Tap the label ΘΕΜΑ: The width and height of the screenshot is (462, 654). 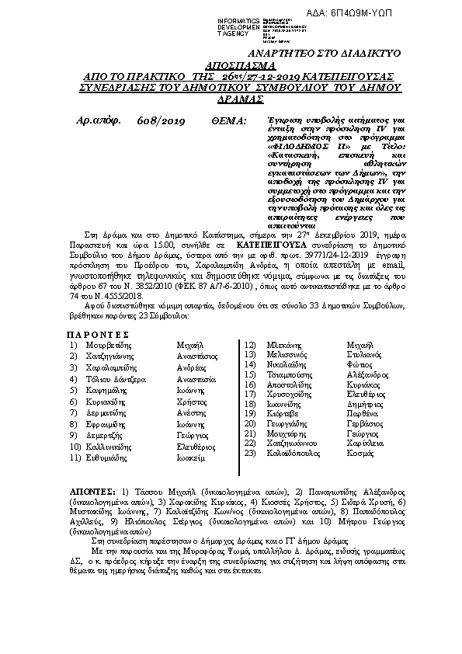[228, 121]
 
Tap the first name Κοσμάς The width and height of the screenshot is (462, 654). [360, 453]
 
